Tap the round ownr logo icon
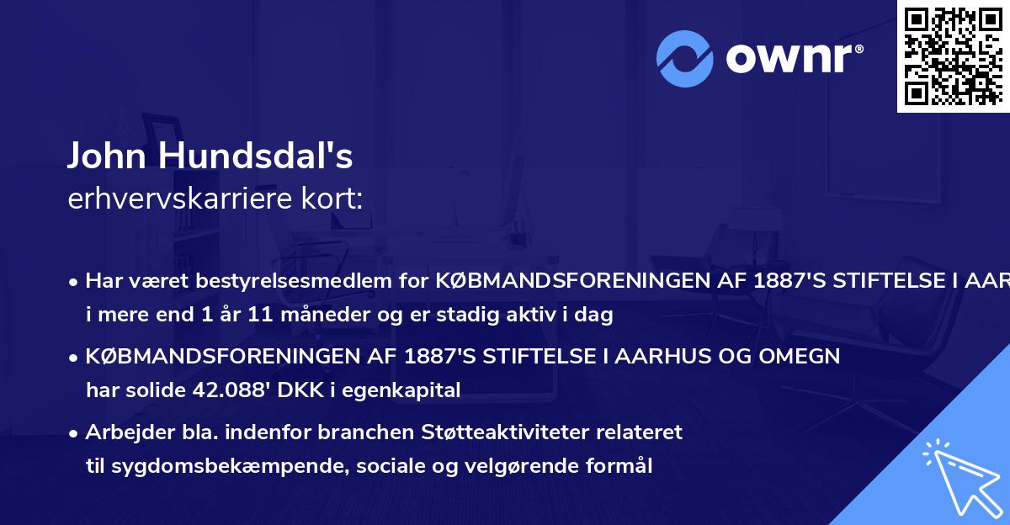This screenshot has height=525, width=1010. point(684,58)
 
